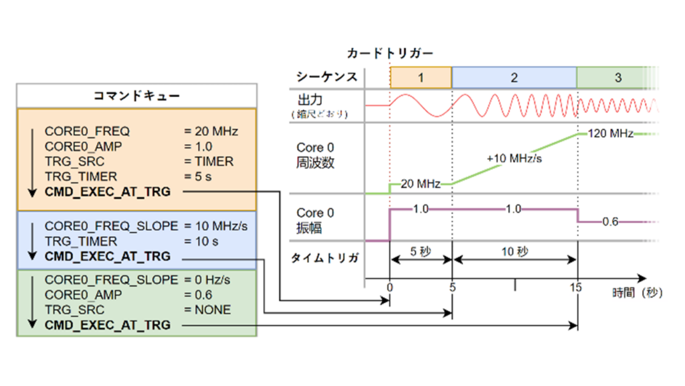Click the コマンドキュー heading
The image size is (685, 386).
136,96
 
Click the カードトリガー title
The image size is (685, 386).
390,53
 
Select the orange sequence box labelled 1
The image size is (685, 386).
421,78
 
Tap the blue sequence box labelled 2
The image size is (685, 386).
514,78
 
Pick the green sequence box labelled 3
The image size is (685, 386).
617,78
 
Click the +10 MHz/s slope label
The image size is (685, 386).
514,159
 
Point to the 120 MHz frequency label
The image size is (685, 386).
611,133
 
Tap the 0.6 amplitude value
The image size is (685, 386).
610,222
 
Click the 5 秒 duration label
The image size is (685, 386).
421,253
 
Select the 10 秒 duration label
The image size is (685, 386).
514,253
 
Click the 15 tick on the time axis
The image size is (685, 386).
576,287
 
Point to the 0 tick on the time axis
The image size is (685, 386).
389,287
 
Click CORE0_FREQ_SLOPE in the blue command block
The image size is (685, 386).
112,226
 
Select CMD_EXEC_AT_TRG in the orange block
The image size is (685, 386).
108,192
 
